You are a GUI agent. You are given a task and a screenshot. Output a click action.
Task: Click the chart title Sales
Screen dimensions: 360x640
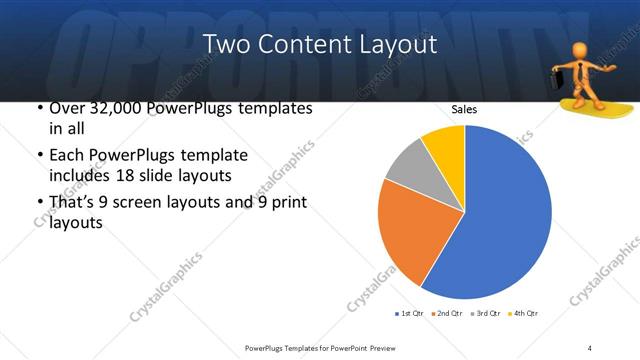463,108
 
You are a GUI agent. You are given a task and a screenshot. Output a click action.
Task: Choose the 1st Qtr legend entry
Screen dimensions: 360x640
409,313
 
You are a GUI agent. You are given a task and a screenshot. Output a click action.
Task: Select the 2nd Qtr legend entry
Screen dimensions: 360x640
447,313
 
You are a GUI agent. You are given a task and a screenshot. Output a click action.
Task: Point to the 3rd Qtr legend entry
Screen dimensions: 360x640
485,313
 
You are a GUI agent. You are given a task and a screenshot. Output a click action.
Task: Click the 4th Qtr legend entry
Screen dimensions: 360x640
523,313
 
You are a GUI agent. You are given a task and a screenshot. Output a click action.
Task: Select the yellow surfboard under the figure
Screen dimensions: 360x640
591,105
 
